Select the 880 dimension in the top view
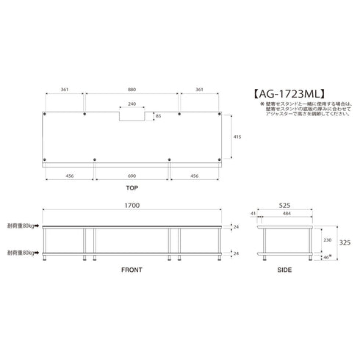pos(132,90)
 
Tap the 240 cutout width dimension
pos(132,104)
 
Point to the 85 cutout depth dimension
pos(157,115)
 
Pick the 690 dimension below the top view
pos(132,177)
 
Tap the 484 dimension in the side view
pos(288,213)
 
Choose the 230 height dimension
pos(328,239)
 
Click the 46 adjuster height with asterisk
pos(328,256)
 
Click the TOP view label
pos(132,189)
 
